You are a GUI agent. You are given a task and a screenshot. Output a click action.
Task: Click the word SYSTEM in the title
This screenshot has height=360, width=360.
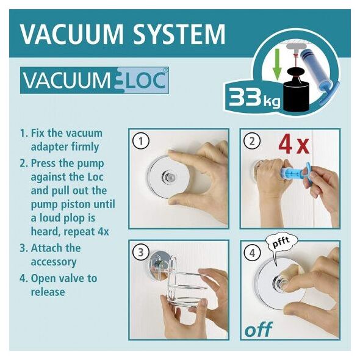pyautogui.click(x=179, y=34)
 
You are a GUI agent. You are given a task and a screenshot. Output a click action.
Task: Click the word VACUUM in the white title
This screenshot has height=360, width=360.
pyautogui.click(x=72, y=34)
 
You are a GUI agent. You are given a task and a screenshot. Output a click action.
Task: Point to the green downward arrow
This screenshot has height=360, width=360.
pyautogui.click(x=278, y=64)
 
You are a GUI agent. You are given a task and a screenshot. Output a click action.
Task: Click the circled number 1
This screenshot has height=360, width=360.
pyautogui.click(x=141, y=141)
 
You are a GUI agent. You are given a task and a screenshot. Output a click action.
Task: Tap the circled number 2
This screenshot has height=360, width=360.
pyautogui.click(x=252, y=141)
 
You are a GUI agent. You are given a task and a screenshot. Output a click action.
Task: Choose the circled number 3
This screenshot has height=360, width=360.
pyautogui.click(x=141, y=253)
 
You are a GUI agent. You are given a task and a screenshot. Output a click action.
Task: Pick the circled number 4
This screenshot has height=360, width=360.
pyautogui.click(x=252, y=253)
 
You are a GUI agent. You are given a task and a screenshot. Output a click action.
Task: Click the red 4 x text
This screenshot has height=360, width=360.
pyautogui.click(x=294, y=145)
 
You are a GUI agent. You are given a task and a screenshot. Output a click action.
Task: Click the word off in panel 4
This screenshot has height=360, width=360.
pyautogui.click(x=259, y=329)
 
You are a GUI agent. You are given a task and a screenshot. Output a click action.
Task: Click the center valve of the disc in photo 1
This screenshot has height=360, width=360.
pyautogui.click(x=168, y=178)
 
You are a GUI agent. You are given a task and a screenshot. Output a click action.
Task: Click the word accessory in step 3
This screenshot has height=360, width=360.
pyautogui.click(x=54, y=262)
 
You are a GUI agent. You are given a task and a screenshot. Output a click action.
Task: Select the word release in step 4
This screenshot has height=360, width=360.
pyautogui.click(x=48, y=292)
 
